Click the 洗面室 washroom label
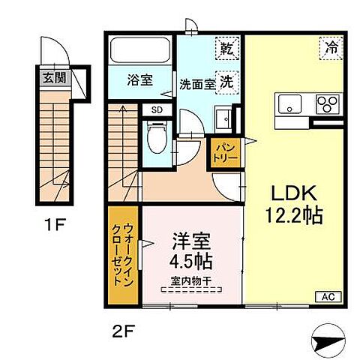click(196, 84)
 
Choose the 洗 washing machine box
click(225, 84)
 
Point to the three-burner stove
click(327, 103)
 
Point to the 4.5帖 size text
click(191, 263)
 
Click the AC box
click(326, 297)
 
